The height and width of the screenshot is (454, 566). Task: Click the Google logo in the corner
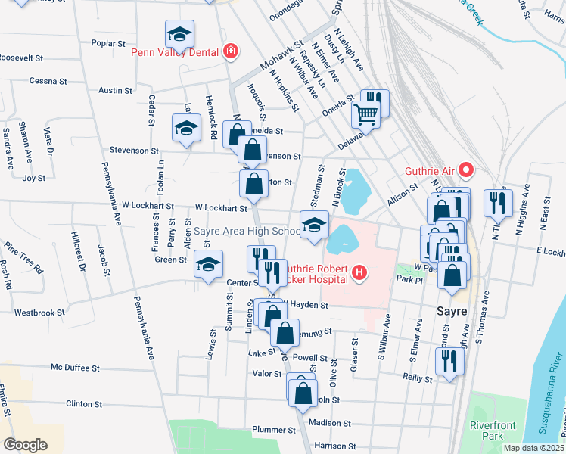coord(26,444)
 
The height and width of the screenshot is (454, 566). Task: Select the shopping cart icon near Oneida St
coord(365,115)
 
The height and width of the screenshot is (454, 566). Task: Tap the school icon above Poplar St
coord(180,34)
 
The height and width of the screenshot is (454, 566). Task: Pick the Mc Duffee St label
coord(76,368)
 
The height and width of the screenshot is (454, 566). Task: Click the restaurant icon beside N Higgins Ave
coord(499,203)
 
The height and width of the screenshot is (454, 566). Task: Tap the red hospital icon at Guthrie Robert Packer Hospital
coord(359,272)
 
